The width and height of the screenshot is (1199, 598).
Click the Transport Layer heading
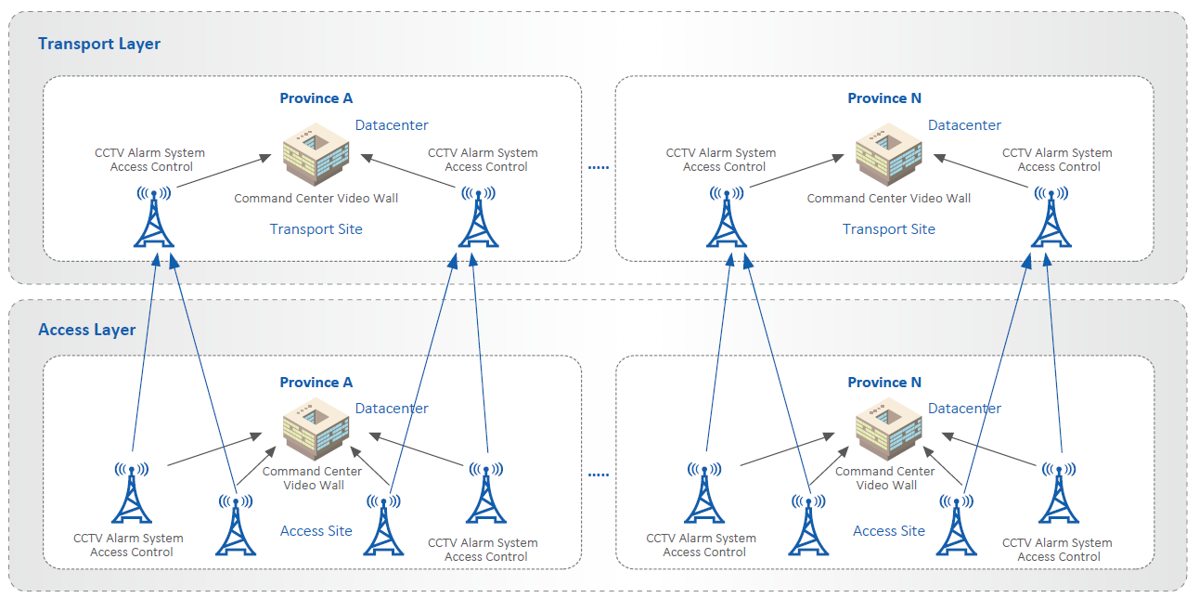pos(99,44)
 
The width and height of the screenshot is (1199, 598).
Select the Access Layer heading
pos(87,330)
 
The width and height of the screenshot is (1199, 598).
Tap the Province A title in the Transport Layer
pos(316,98)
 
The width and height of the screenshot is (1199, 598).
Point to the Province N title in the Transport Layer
pos(884,98)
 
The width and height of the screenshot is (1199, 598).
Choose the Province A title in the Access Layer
pos(316,383)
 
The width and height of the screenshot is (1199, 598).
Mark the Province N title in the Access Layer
pos(884,383)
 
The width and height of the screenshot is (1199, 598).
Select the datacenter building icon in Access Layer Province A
pos(316,434)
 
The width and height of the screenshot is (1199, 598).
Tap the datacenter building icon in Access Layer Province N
pos(888,434)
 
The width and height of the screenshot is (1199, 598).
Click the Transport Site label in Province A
pos(316,229)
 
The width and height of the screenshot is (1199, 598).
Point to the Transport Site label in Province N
pos(889,229)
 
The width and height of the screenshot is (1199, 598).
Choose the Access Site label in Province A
pos(316,531)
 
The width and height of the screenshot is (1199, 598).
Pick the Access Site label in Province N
pos(889,531)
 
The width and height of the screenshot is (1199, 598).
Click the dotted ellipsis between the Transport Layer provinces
pos(599,168)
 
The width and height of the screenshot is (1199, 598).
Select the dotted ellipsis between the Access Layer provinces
pos(599,474)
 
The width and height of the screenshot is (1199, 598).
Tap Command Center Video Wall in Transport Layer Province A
pos(316,199)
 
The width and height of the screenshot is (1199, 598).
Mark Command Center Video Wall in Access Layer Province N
pos(885,478)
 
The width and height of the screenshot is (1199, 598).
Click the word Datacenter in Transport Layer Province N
pos(965,125)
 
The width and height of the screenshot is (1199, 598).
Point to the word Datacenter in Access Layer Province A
pos(392,409)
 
